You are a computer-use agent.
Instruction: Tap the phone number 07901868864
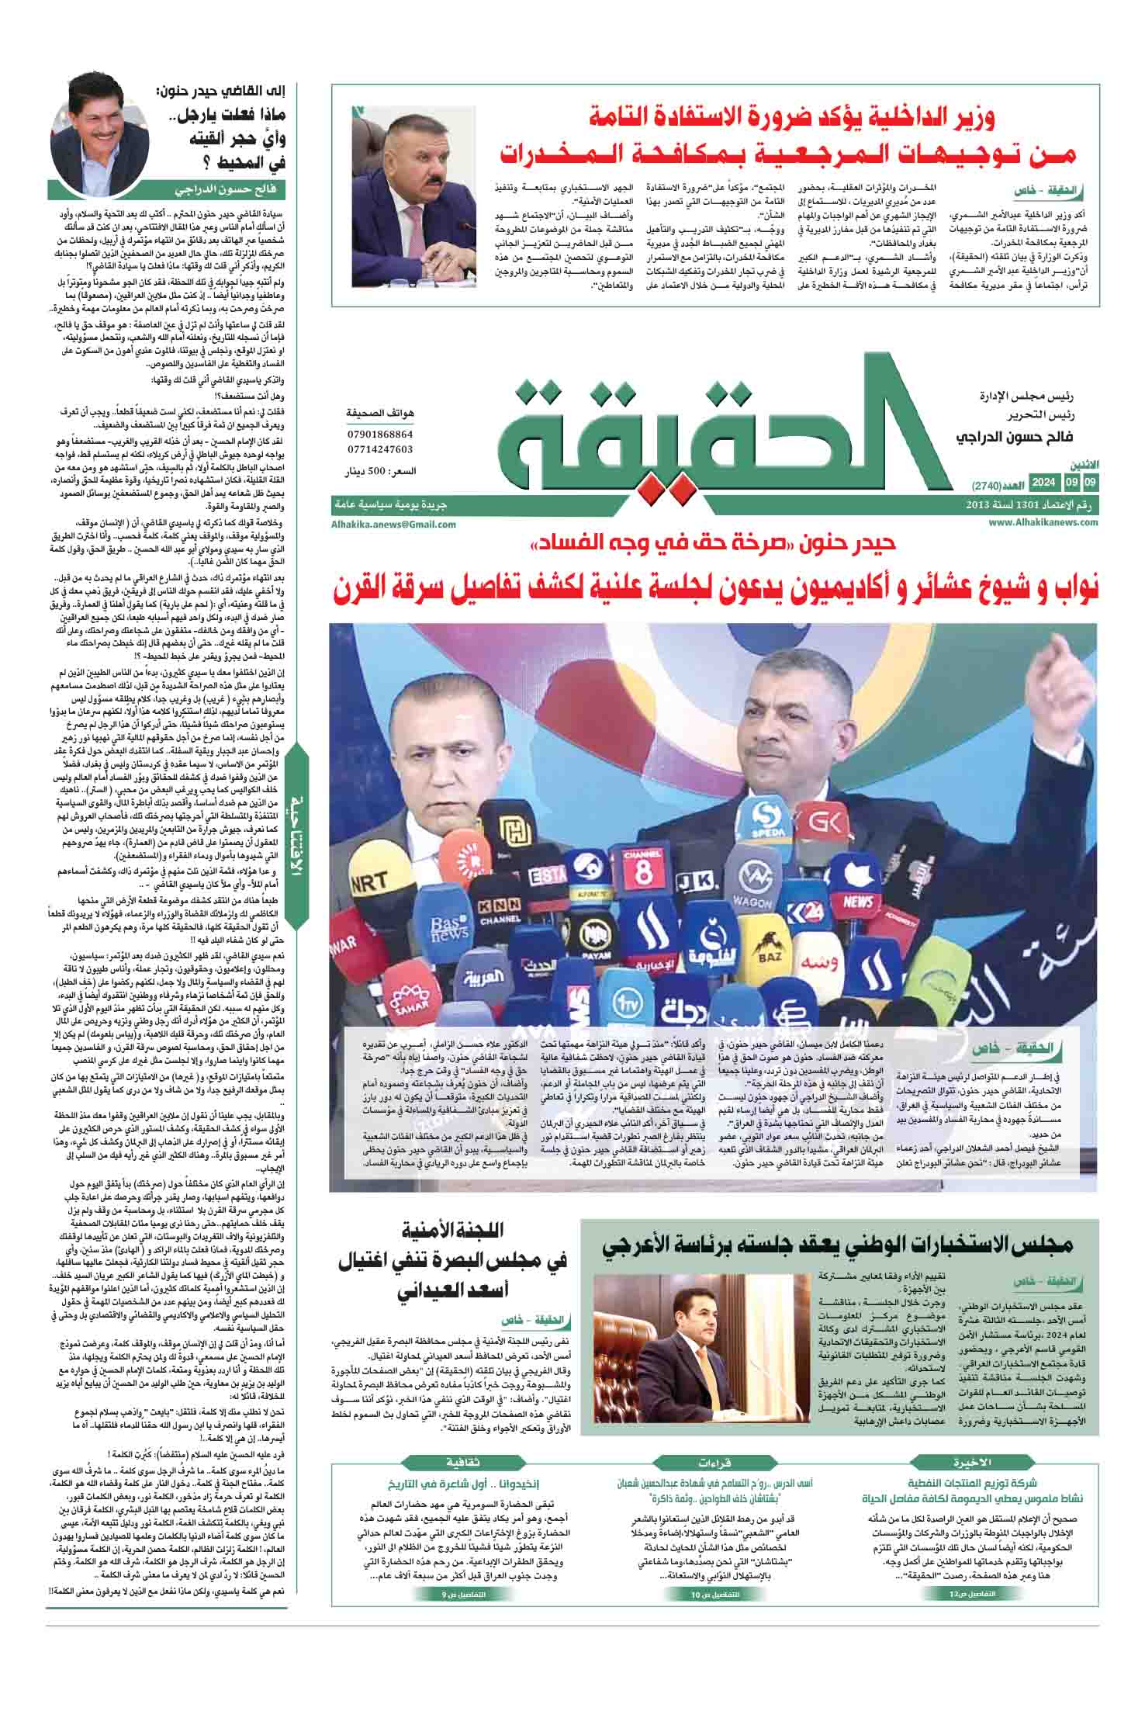click(x=380, y=435)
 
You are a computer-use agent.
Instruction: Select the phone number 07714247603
click(x=380, y=449)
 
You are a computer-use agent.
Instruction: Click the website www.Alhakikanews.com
click(x=1043, y=522)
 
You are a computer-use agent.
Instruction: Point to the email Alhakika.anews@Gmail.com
click(x=392, y=525)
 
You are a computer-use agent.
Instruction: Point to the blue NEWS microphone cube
click(x=857, y=902)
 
